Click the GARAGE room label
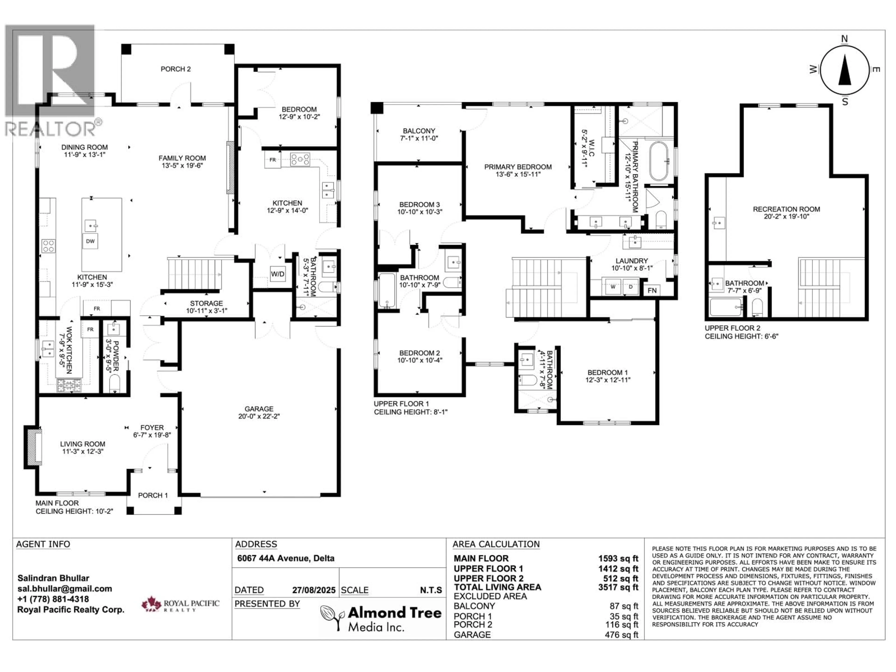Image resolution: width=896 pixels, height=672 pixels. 259,412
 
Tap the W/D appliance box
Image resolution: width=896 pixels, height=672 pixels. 277,274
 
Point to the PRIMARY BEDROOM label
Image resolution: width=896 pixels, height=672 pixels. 518,170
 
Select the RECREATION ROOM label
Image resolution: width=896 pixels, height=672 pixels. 786,213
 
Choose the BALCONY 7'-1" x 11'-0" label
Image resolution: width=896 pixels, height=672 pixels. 419,134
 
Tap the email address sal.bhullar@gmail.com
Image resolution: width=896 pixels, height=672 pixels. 64,588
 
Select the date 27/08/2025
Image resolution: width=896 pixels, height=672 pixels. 314,590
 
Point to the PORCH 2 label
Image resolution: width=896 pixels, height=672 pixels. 175,69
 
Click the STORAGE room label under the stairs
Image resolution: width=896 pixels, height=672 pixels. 206,307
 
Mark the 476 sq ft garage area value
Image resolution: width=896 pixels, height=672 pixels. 621,635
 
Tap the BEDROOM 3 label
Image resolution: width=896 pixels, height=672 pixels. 419,208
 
